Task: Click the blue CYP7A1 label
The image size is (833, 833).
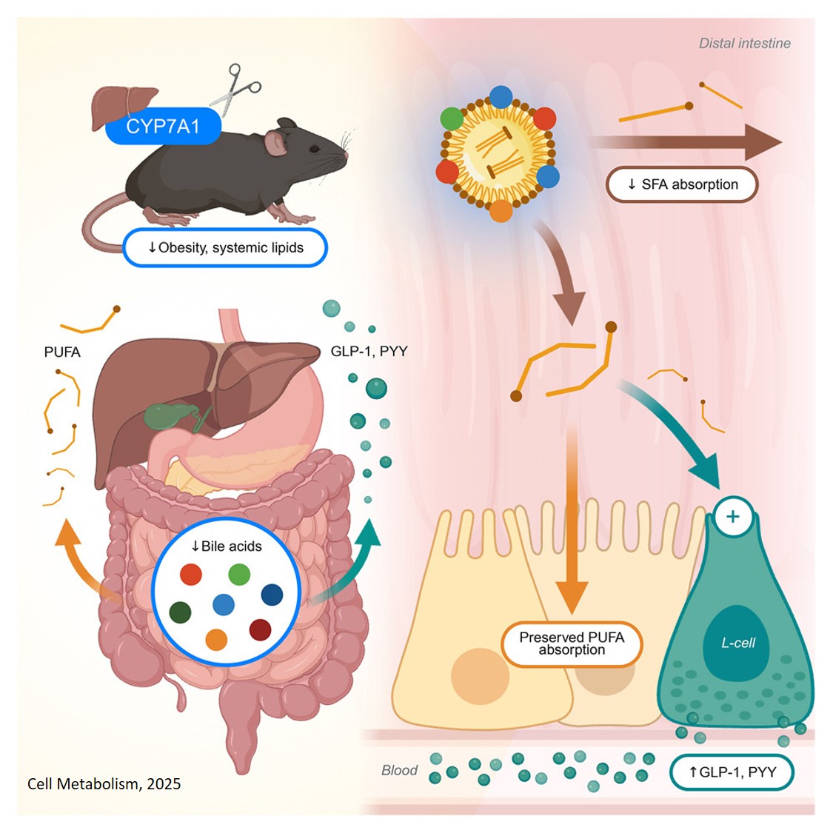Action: click(163, 127)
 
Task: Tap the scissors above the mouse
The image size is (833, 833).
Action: click(235, 90)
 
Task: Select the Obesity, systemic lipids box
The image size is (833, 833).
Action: click(225, 247)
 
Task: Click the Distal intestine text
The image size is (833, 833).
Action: click(744, 44)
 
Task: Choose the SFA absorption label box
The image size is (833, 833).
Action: click(682, 184)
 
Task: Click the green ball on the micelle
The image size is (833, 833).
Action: click(452, 118)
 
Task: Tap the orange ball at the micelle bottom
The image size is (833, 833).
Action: click(501, 211)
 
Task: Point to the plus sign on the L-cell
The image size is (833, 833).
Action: click(733, 516)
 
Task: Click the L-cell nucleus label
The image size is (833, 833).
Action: click(738, 643)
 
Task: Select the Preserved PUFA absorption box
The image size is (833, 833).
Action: click(572, 643)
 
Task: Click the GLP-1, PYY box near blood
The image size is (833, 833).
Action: click(732, 772)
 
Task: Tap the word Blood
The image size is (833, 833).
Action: click(399, 771)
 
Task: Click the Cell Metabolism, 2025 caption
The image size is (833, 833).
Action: click(104, 784)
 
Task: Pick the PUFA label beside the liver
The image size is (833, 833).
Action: click(62, 352)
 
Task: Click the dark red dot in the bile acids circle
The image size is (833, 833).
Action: click(260, 629)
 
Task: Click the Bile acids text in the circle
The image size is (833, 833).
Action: click(227, 546)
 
